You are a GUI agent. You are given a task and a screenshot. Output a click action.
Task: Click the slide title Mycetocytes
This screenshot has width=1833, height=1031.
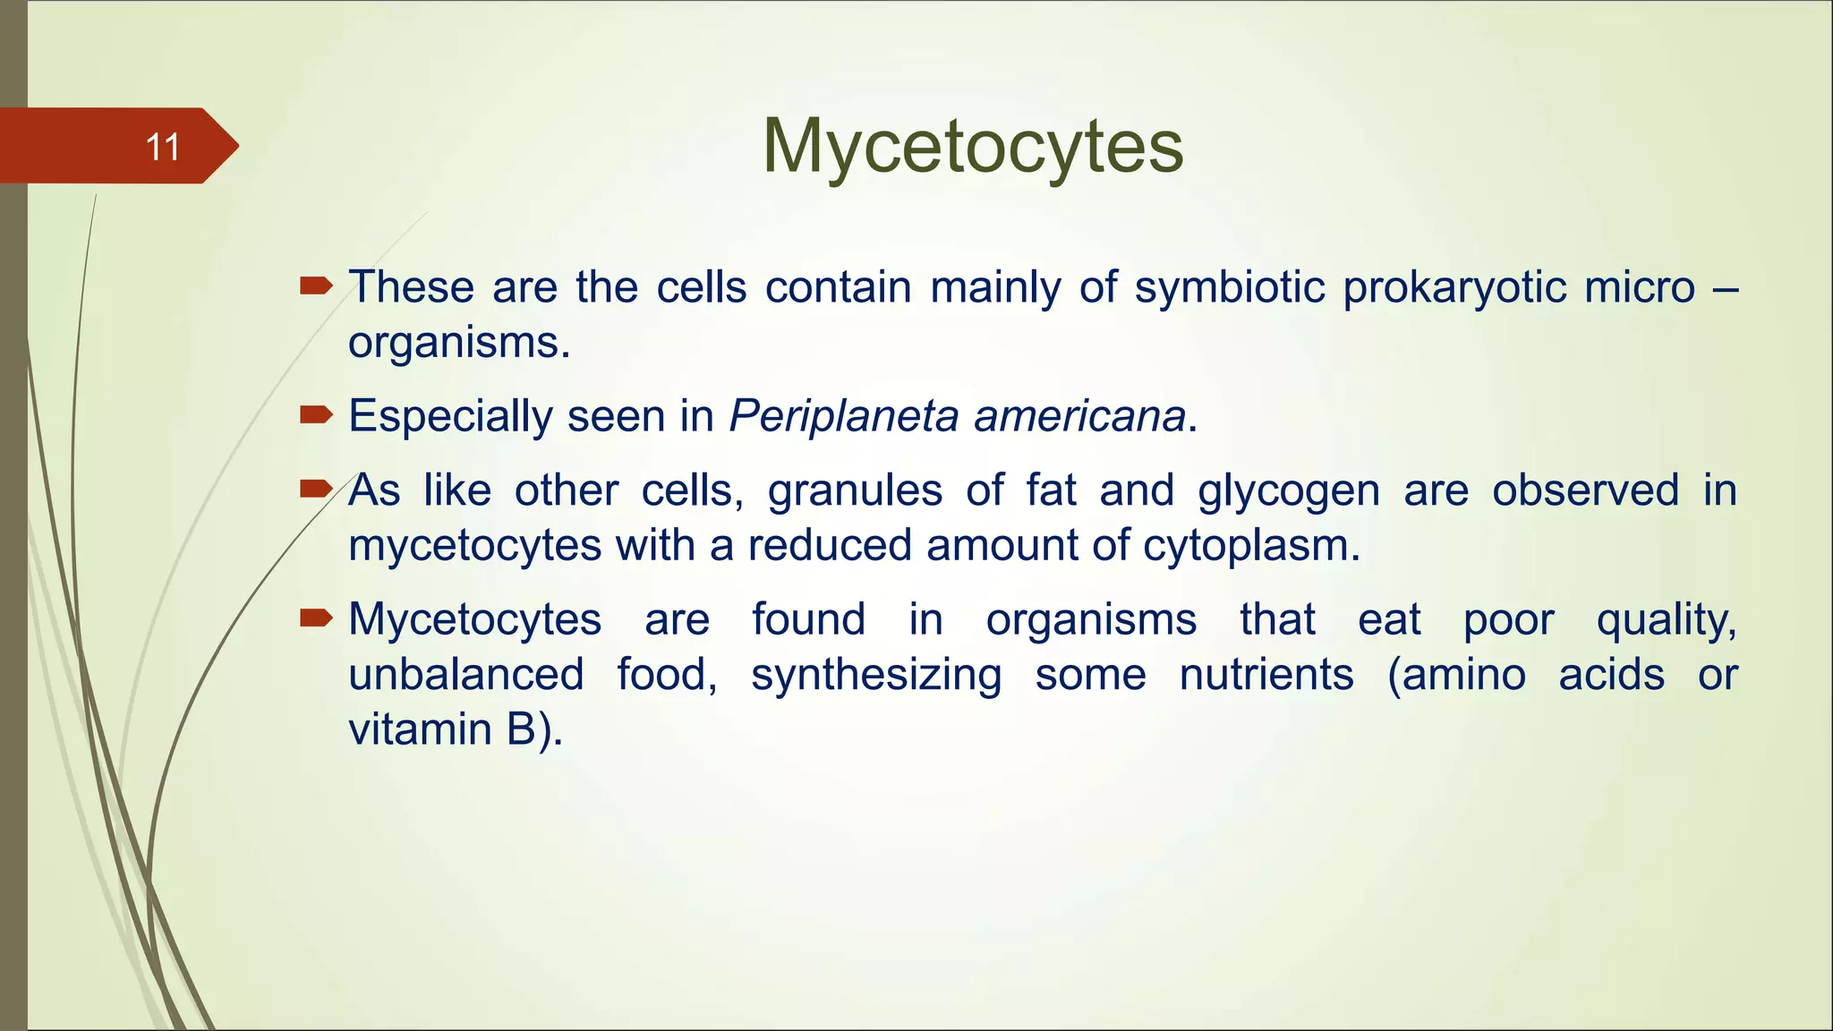click(x=973, y=146)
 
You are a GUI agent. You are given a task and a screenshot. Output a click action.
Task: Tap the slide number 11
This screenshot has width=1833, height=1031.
click(x=162, y=147)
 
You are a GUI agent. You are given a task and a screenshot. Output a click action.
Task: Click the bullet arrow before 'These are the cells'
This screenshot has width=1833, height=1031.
click(x=316, y=286)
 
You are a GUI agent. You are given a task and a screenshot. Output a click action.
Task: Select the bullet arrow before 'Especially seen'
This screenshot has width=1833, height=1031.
click(x=316, y=414)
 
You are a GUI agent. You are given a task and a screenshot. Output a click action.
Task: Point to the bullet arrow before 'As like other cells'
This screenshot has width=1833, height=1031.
click(x=316, y=489)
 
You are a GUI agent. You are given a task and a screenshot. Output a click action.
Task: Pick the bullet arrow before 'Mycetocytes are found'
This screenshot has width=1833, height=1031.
click(x=316, y=618)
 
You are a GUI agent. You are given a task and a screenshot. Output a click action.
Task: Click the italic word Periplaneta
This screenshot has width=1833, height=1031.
click(x=844, y=416)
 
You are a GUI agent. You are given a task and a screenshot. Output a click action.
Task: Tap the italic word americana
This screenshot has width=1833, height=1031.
click(x=1079, y=416)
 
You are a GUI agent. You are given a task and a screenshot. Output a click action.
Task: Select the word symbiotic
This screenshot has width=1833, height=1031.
click(x=1230, y=287)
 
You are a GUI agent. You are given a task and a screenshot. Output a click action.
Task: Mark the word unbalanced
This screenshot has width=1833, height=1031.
click(x=465, y=674)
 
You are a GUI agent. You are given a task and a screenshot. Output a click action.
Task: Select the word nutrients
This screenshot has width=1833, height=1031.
click(x=1266, y=674)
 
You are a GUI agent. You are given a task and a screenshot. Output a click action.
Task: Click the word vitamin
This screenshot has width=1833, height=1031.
click(x=418, y=729)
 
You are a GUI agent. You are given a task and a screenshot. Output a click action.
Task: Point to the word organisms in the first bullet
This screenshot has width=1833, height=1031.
click(x=458, y=343)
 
